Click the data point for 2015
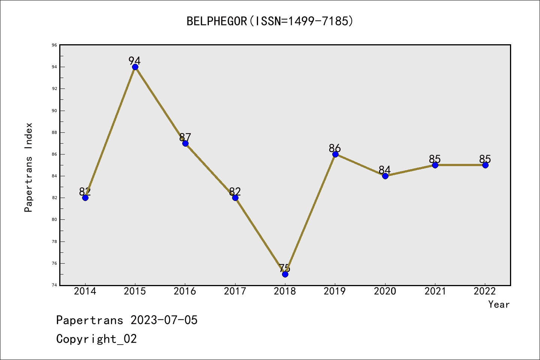tap(135, 67)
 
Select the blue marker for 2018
tap(285, 274)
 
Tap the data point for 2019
tap(335, 154)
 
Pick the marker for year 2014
tap(85, 198)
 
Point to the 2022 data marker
tap(485, 165)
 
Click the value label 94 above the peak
tap(134, 61)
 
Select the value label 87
tap(185, 137)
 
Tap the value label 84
tap(384, 169)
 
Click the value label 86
tap(334, 148)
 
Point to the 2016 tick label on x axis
tap(185, 291)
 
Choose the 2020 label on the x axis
tap(385, 291)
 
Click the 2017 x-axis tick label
tap(235, 291)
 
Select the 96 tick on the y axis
tap(55, 45)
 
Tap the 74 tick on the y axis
tap(55, 285)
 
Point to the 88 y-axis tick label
tap(55, 133)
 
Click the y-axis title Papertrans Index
tap(28, 167)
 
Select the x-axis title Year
tap(499, 304)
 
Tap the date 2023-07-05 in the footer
tap(164, 320)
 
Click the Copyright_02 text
tap(96, 339)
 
